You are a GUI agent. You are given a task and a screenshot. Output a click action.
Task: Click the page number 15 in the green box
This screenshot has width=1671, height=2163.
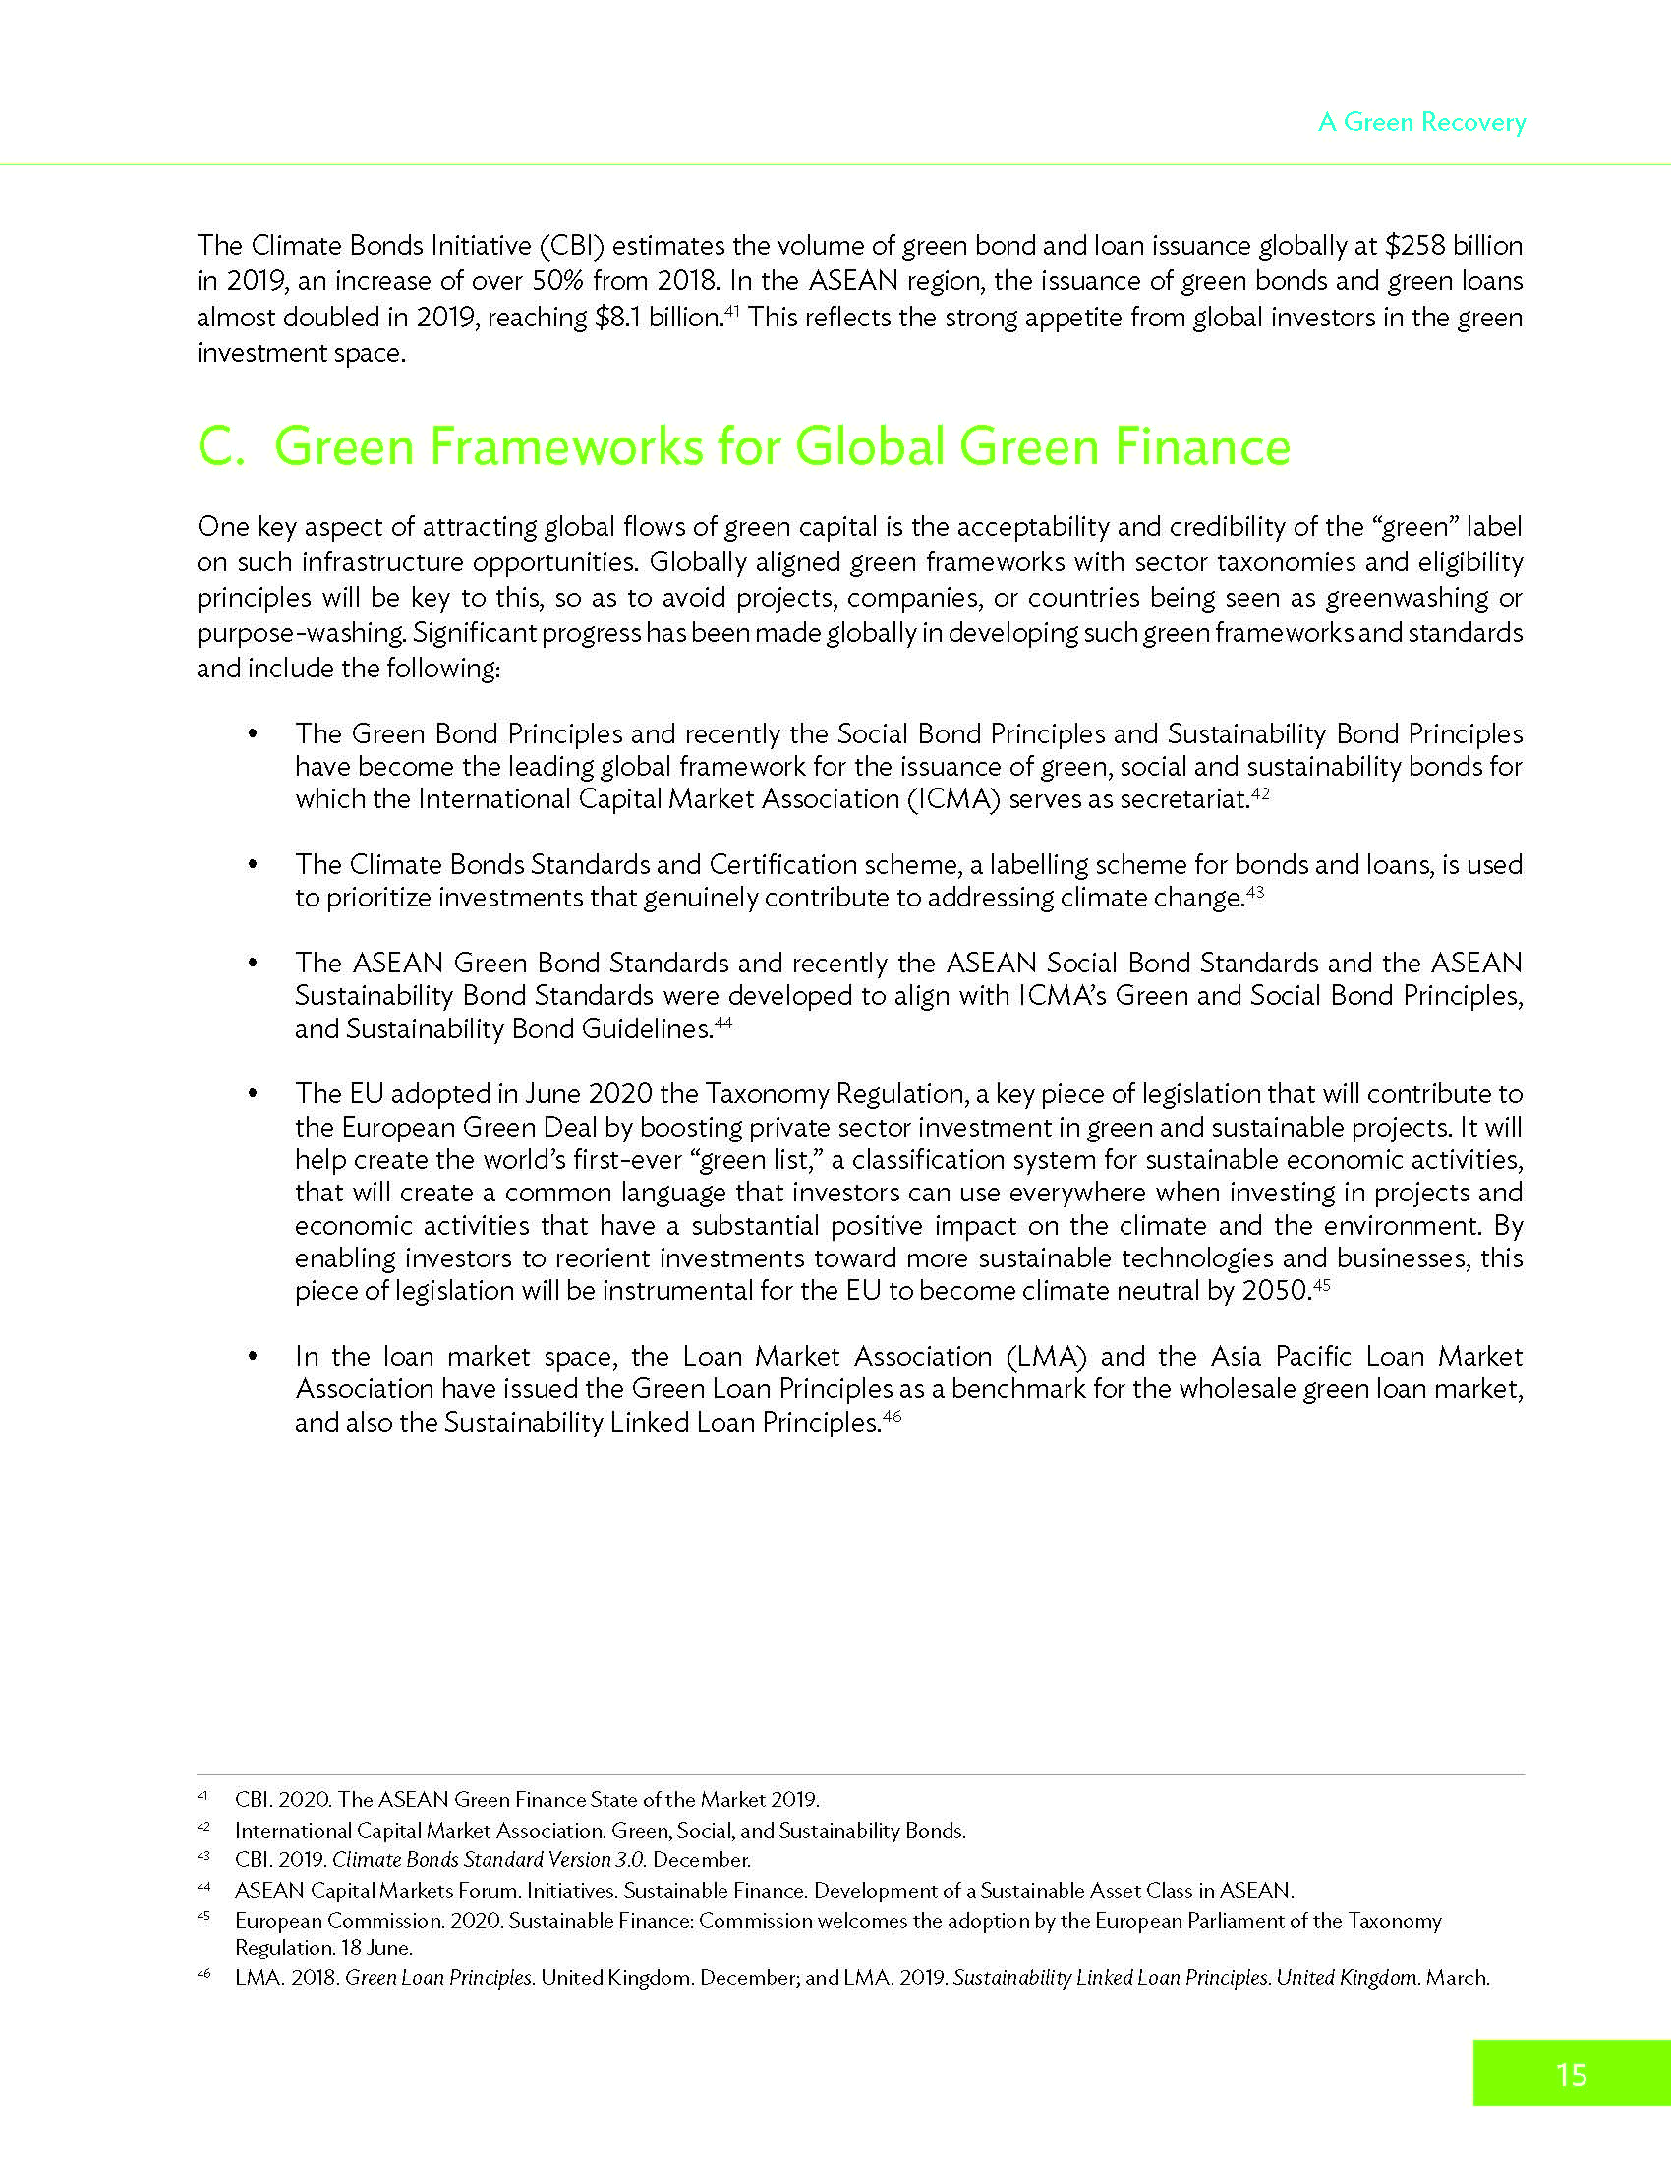tap(1571, 2074)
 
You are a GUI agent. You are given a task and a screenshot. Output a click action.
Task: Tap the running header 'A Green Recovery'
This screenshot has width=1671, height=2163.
tap(1421, 122)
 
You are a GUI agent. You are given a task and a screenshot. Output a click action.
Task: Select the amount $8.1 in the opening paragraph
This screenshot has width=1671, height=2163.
tap(618, 318)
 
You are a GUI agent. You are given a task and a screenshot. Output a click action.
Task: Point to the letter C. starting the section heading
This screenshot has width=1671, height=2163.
tap(222, 446)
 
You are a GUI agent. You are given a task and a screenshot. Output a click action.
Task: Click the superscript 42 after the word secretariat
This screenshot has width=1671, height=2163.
tap(1260, 792)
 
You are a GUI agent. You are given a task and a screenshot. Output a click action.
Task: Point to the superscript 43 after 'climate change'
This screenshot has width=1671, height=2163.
tap(1255, 892)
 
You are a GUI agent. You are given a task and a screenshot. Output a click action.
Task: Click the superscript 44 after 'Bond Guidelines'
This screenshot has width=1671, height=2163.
tap(722, 1023)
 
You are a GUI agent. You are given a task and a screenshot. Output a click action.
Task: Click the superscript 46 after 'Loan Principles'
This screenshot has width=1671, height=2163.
tap(892, 1416)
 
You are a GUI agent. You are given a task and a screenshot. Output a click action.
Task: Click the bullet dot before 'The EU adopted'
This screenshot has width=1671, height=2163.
tap(254, 1094)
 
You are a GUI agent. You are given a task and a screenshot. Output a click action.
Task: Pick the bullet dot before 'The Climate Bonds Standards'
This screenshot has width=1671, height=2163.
tap(254, 865)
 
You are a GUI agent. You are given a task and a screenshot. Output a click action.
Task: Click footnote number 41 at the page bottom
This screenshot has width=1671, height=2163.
tap(202, 1795)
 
